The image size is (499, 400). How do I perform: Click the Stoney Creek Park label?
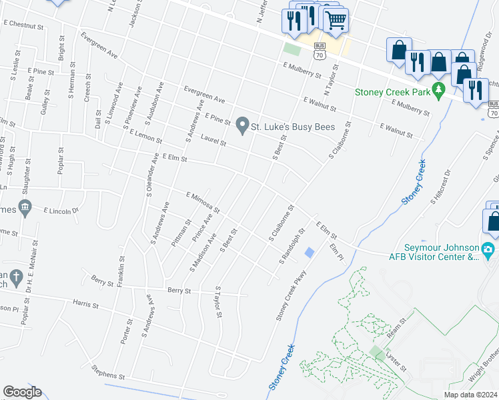[x=392, y=93]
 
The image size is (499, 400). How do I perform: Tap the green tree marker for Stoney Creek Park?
[x=438, y=90]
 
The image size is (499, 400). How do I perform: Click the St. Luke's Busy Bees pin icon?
[x=242, y=123]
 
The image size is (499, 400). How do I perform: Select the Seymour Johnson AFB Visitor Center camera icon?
[x=488, y=251]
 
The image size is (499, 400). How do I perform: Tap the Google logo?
[x=22, y=392]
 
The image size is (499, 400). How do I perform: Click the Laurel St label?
[x=213, y=142]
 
